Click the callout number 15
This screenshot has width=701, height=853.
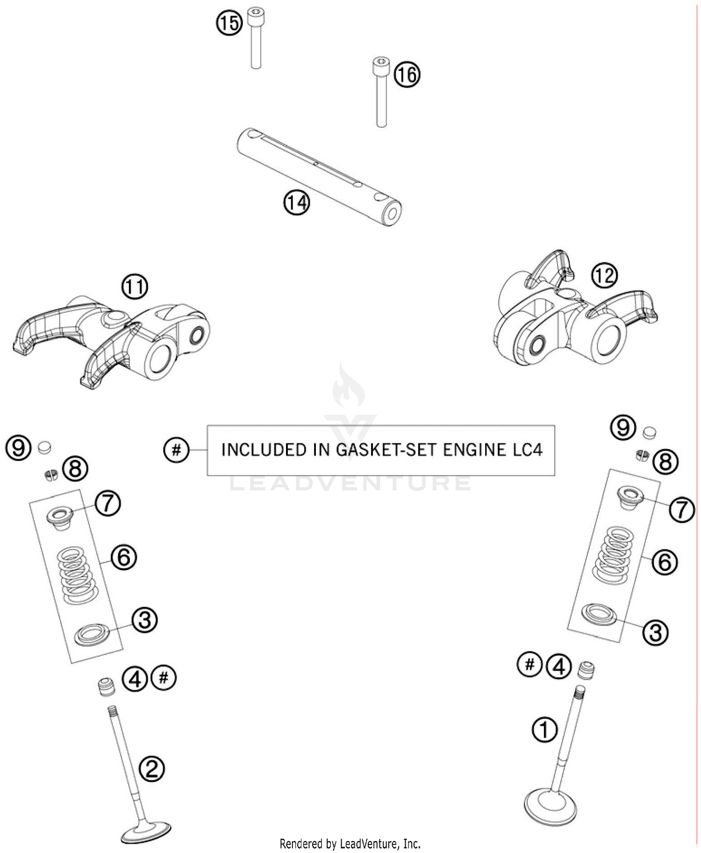pos(229,22)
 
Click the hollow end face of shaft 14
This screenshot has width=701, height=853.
pos(392,214)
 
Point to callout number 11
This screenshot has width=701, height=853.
pos(135,287)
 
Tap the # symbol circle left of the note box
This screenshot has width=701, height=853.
pos(176,450)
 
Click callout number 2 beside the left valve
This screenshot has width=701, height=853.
pos(152,769)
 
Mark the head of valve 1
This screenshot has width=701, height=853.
pos(551,805)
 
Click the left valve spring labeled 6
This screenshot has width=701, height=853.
pos(78,575)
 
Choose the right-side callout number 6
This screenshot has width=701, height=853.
pos(664,562)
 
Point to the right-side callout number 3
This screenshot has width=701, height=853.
pos(655,632)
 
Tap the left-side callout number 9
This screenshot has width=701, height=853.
pos(18,448)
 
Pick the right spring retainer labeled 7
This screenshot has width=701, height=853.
pos(630,497)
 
